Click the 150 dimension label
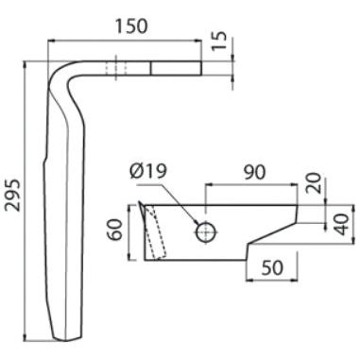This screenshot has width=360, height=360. pyautogui.click(x=131, y=26)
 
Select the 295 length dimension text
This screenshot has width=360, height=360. pyautogui.click(x=14, y=195)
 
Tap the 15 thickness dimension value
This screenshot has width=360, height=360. pyautogui.click(x=219, y=41)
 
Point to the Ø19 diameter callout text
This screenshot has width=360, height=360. pyautogui.click(x=148, y=172)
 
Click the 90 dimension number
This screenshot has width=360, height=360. pyautogui.click(x=254, y=172)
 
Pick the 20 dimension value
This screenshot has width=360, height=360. pyautogui.click(x=315, y=183)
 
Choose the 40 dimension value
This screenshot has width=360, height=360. pyautogui.click(x=341, y=225)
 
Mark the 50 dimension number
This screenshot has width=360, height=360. pyautogui.click(x=272, y=267)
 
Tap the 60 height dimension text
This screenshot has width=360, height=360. pyautogui.click(x=116, y=230)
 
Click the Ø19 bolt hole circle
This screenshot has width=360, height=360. pyautogui.click(x=207, y=233)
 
